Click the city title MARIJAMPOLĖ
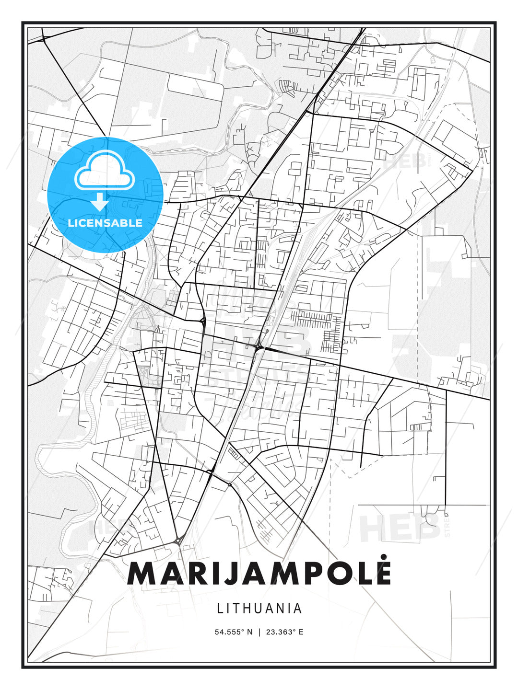[x=259, y=573]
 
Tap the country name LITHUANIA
[x=259, y=609]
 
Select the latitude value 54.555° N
[x=234, y=632]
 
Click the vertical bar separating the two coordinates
[x=259, y=632]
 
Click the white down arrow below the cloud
[x=100, y=202]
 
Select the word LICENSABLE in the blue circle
[x=105, y=223]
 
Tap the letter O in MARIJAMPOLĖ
[x=338, y=574]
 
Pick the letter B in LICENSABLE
[x=126, y=223]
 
